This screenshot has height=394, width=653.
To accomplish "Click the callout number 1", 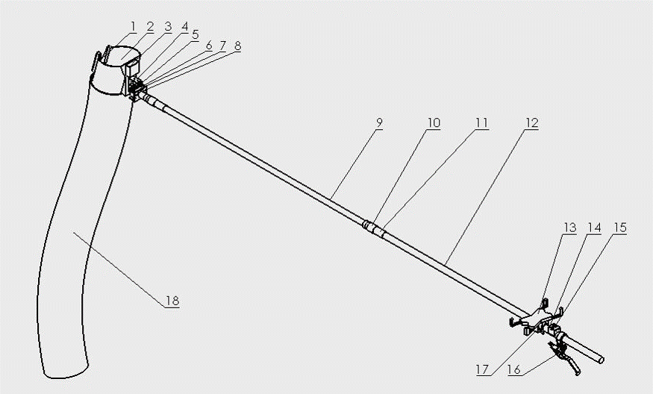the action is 133,28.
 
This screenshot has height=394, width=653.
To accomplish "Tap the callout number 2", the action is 150,28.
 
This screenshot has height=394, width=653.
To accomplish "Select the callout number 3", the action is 168,28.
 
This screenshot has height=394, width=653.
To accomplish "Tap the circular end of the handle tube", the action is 601,359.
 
